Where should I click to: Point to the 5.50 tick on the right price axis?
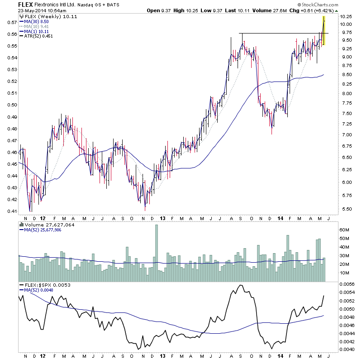[347, 209]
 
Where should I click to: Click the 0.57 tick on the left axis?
[11, 22]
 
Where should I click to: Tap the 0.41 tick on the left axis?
[11, 211]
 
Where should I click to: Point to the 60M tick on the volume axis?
[346, 230]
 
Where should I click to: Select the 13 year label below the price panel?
[162, 217]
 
